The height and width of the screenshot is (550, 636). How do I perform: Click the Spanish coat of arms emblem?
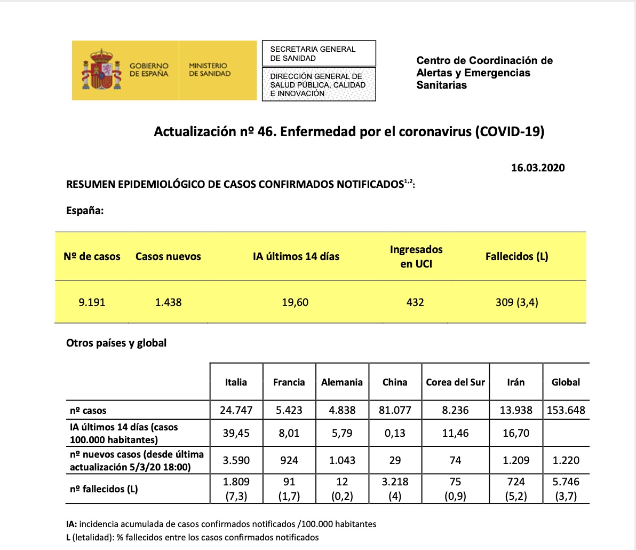pos(101,70)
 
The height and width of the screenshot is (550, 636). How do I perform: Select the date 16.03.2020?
pos(538,168)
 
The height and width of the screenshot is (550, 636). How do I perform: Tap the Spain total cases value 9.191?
pos(92,302)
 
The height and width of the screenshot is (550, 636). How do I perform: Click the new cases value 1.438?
pos(168,302)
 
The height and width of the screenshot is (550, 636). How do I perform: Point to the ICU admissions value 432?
pos(415,302)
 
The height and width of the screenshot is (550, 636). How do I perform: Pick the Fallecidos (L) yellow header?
pos(516,256)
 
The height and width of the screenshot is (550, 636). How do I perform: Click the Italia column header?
pos(236,382)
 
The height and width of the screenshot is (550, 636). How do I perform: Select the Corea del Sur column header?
pos(455,382)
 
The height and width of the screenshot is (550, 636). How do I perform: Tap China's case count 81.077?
pos(395,410)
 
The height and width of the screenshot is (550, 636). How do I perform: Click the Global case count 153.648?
pos(566,410)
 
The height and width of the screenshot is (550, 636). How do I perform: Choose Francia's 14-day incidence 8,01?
pos(289,433)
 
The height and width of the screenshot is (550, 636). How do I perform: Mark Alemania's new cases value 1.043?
pos(341,460)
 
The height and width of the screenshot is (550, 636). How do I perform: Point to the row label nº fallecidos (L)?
pos(104,489)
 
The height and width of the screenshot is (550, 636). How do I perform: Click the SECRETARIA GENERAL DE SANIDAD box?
pos(319,53)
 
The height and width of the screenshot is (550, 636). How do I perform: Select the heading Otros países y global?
pos(116,343)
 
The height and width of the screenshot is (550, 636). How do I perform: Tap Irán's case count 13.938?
pos(515,410)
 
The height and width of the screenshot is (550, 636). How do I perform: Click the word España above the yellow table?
pos(84,210)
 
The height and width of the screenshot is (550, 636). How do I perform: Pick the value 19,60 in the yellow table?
pos(295,302)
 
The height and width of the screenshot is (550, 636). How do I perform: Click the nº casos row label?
pos(88,411)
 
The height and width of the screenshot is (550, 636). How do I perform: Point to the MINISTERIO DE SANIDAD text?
pos(210,70)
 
